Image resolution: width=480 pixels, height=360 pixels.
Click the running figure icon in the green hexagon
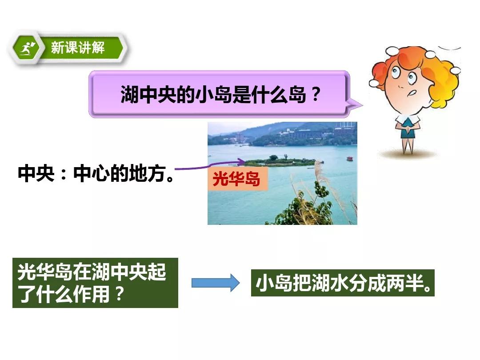[x=28, y=48]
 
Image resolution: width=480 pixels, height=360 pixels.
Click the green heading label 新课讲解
[x=78, y=48]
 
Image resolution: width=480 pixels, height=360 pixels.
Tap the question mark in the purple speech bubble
[x=315, y=94]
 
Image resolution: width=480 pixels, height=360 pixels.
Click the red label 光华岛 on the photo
[x=236, y=179]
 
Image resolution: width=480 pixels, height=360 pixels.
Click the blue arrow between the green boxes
[x=216, y=283]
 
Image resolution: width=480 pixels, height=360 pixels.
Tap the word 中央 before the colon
[x=36, y=173]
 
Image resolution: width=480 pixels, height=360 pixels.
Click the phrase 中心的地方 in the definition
[x=120, y=173]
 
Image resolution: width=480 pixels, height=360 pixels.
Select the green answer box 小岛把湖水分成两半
[x=343, y=283]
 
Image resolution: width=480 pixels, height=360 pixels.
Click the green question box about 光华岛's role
[x=95, y=283]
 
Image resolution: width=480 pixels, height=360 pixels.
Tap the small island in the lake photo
[x=280, y=162]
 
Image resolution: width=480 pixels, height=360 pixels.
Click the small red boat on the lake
[x=350, y=158]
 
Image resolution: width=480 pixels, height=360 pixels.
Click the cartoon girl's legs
[x=408, y=146]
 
